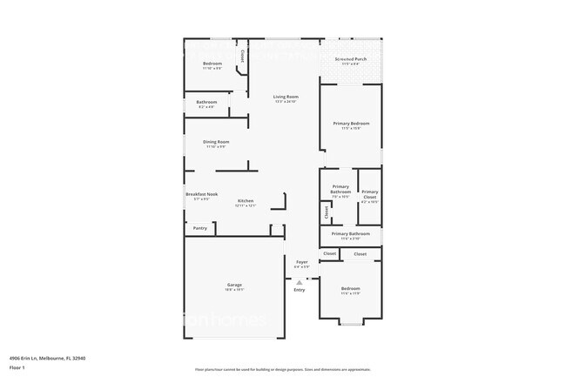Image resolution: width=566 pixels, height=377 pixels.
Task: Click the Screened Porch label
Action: [351, 59]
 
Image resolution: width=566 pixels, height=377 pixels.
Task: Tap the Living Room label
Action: [286, 97]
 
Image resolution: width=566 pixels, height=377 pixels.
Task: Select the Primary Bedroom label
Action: [351, 124]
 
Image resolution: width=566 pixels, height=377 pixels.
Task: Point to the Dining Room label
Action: [216, 142]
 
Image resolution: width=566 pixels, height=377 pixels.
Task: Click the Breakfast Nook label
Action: [201, 194]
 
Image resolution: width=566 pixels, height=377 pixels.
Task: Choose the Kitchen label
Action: [246, 201]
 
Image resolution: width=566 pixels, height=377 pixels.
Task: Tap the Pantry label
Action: [199, 228]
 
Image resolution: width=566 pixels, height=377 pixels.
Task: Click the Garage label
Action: [234, 285]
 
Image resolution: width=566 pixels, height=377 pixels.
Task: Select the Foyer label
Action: [301, 262]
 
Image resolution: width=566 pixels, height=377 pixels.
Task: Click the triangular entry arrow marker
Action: [300, 281]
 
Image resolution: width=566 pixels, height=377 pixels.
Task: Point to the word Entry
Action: [300, 290]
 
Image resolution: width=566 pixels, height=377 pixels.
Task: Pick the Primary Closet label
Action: [370, 194]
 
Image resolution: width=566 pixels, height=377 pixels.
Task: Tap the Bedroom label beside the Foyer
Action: [350, 288]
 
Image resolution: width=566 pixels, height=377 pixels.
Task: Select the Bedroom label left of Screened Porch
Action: [212, 64]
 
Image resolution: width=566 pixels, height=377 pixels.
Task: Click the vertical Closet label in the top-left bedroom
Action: [242, 56]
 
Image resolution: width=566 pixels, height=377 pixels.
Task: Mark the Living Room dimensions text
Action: [286, 102]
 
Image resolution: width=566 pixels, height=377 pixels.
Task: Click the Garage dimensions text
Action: [234, 290]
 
